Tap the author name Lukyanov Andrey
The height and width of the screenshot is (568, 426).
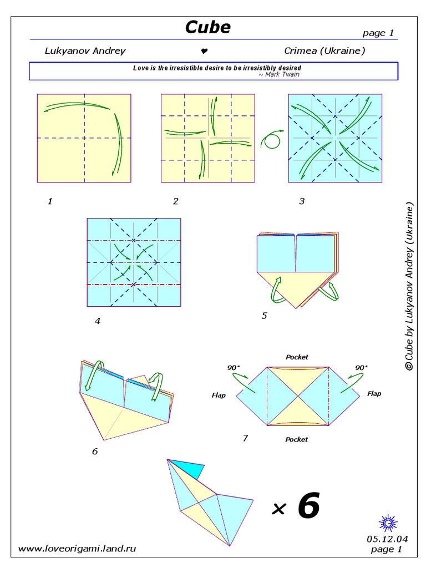point(85,51)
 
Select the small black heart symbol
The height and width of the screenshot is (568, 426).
point(204,51)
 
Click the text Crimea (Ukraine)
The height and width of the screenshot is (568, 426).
point(324,51)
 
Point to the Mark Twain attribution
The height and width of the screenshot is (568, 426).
point(279,74)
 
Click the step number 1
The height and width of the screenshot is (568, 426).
point(50,201)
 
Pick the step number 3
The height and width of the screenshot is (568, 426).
point(302,201)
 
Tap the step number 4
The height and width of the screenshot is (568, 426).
point(97,320)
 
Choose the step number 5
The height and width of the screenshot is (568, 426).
point(264,316)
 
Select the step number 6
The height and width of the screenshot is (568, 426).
point(95,452)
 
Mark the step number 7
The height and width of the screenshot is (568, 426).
point(245,438)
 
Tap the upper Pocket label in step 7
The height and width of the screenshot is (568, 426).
point(297,357)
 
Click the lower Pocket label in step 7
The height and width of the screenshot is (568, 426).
point(297,439)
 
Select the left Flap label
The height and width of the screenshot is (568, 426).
point(219,395)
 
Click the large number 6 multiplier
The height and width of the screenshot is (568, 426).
point(308,506)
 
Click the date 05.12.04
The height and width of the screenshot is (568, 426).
point(387,539)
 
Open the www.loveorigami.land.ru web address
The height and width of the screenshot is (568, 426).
point(77,549)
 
